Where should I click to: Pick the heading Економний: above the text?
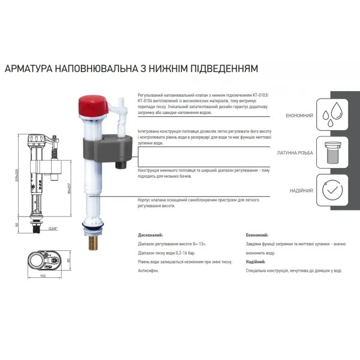(x=257, y=236)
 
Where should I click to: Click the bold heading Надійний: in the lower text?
(x=256, y=262)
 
